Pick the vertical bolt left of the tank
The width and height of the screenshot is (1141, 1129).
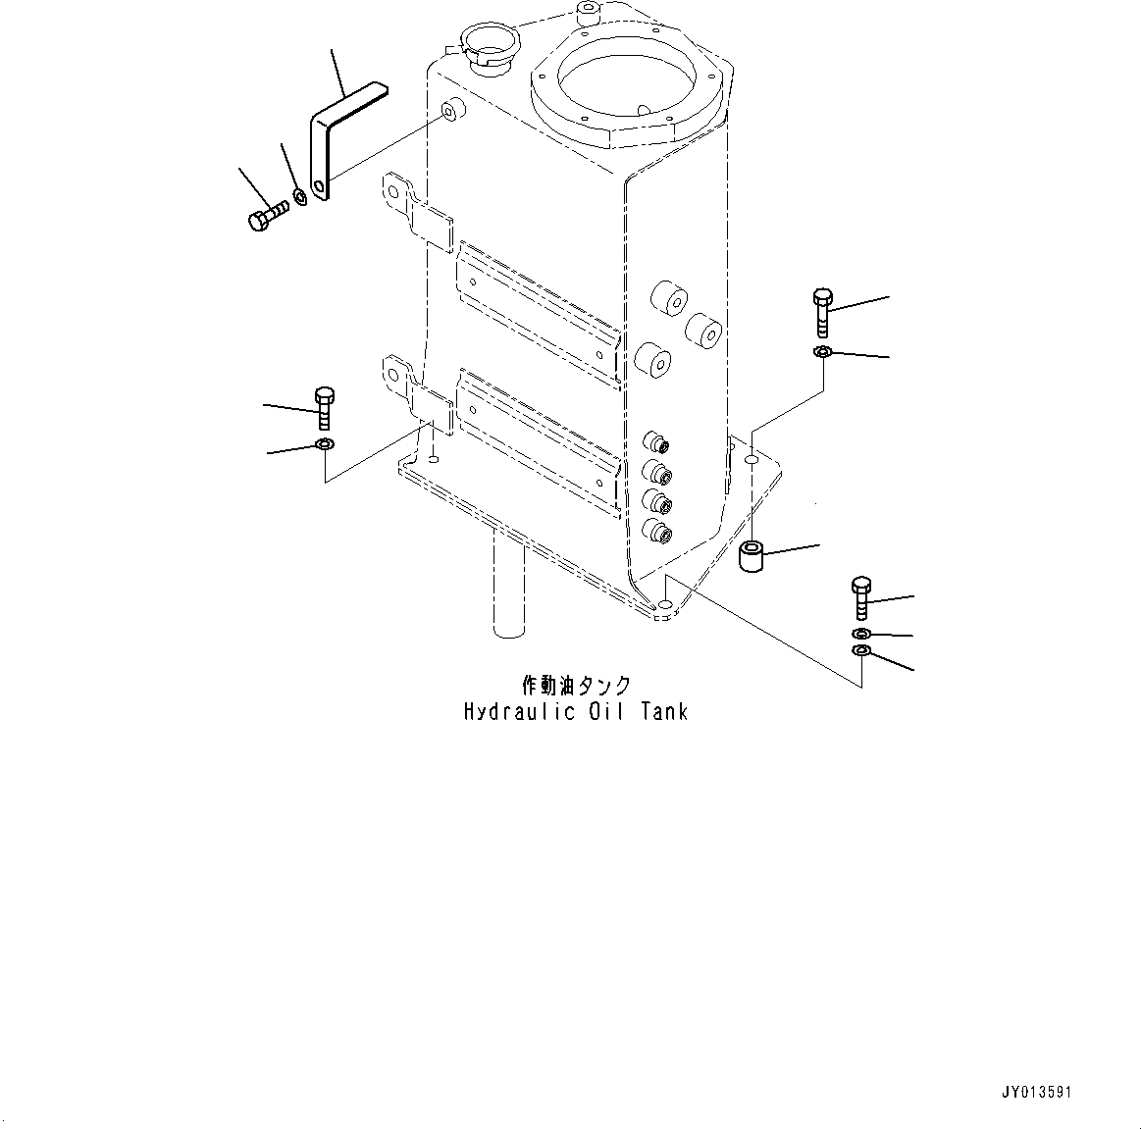pos(325,406)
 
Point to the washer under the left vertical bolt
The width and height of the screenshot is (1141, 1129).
pos(325,447)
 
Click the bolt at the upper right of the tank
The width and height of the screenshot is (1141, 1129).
pos(822,312)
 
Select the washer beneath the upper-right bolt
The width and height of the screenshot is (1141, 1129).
pos(822,352)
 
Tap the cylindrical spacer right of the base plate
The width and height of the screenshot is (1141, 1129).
pos(752,556)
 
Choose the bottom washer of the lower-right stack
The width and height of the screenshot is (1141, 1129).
pos(861,653)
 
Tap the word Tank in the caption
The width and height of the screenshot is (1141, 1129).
pos(664,712)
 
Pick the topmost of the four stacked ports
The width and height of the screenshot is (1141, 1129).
pos(655,443)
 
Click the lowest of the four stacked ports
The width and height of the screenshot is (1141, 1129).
pos(655,532)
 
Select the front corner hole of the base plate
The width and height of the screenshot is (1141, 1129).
pos(665,609)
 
